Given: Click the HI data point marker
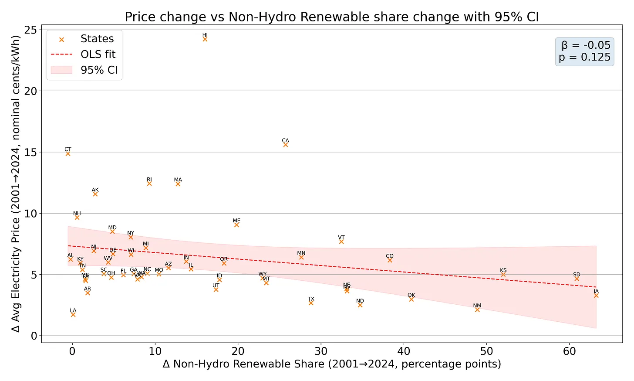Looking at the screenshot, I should [x=205, y=39].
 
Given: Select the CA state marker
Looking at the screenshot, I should [x=286, y=145].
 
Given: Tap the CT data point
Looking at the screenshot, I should [x=68, y=153].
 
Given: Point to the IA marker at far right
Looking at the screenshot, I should [x=596, y=296].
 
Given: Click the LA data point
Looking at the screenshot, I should [x=73, y=315].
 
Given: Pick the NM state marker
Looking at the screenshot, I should [x=477, y=310].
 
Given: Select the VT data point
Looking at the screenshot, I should [x=341, y=242].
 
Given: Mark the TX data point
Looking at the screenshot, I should [x=311, y=303].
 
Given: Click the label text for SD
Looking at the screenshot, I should [x=577, y=275].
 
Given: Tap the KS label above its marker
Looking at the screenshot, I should [x=503, y=270].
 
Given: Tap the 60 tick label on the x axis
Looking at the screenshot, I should [x=570, y=351].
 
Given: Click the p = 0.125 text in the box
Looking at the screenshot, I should [x=584, y=57].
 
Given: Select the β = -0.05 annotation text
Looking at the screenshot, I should [x=586, y=45].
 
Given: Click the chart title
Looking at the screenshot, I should [x=332, y=17].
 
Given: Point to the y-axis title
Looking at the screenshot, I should [x=16, y=184].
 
